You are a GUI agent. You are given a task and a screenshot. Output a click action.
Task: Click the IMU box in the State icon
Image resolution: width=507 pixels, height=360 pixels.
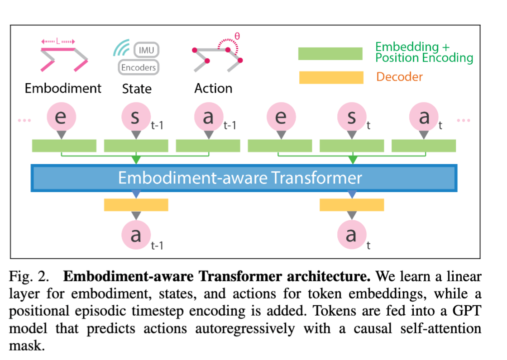click(x=146, y=50)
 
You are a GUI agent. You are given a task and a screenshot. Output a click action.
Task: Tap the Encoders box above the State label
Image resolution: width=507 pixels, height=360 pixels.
click(x=139, y=67)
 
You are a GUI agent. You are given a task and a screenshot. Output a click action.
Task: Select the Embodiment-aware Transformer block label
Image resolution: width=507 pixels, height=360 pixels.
click(x=240, y=178)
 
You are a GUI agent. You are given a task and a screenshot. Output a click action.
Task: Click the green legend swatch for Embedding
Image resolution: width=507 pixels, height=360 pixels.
click(x=330, y=54)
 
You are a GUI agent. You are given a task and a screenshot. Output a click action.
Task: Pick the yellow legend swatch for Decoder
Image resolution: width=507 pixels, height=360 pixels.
click(x=331, y=77)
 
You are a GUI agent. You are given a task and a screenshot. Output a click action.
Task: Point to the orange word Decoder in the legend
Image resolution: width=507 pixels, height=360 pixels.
click(x=399, y=77)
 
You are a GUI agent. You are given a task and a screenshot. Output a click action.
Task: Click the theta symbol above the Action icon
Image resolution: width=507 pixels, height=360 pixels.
click(x=237, y=36)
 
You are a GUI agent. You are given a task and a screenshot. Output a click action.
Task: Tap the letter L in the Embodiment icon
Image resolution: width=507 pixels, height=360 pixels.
click(x=58, y=41)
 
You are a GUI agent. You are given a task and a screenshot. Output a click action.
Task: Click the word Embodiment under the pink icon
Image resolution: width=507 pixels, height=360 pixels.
click(x=63, y=88)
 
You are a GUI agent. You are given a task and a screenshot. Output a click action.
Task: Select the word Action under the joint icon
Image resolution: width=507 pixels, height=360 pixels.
click(x=213, y=88)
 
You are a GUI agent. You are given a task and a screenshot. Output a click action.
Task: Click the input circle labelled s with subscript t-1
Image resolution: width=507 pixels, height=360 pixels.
click(x=136, y=117)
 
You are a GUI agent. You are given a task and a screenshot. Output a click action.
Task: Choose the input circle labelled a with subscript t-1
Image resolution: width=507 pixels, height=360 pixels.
click(x=209, y=117)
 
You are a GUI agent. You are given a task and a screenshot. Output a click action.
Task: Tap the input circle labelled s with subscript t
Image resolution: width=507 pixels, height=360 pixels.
click(x=352, y=117)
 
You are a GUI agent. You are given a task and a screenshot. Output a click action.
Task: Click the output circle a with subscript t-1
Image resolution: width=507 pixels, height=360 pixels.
click(x=136, y=235)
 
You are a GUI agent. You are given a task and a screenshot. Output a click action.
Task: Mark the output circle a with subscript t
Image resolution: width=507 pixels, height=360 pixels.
click(x=352, y=235)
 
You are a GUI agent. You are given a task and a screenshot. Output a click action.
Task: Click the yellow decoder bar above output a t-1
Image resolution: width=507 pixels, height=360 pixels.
click(x=136, y=205)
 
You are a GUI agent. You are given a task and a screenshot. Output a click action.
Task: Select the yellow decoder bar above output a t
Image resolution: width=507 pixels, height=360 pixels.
click(x=352, y=205)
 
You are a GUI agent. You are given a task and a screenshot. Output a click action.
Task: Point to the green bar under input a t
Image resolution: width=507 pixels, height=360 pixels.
click(x=424, y=146)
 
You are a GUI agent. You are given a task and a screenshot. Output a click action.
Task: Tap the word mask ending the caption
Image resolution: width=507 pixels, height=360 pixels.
click(x=27, y=346)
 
